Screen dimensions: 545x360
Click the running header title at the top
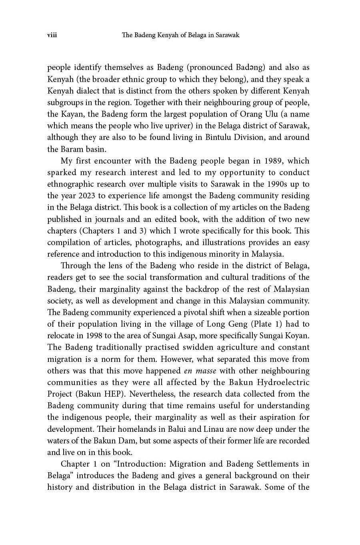click(x=180, y=35)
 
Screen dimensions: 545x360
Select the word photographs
click(x=158, y=242)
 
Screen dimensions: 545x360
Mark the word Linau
click(x=250, y=429)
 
